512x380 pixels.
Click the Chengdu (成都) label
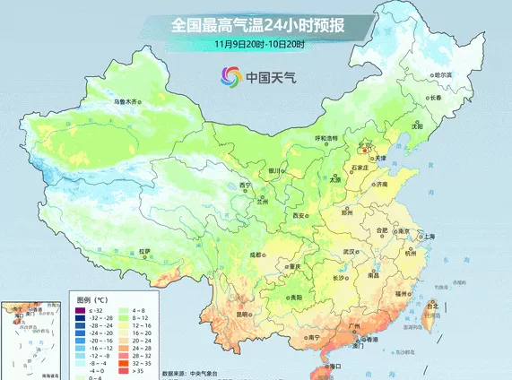[260, 255]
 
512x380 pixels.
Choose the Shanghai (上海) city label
[428, 236]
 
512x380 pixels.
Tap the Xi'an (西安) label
[299, 216]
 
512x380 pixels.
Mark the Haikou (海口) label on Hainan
[337, 366]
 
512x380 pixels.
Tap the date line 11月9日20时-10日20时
[260, 43]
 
